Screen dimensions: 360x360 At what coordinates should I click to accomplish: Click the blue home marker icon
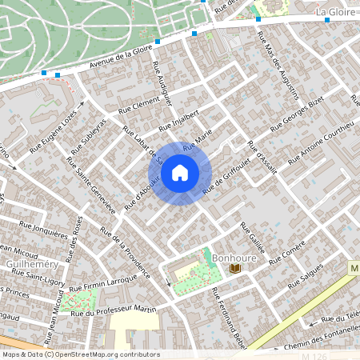coord(180,173)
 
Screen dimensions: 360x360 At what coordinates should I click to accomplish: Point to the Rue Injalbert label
coord(178,120)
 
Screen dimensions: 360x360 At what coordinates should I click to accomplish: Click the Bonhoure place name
coord(234,258)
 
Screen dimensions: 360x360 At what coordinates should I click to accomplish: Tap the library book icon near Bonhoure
coord(235,269)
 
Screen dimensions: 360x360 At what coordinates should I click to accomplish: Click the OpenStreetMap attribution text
coord(80,354)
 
